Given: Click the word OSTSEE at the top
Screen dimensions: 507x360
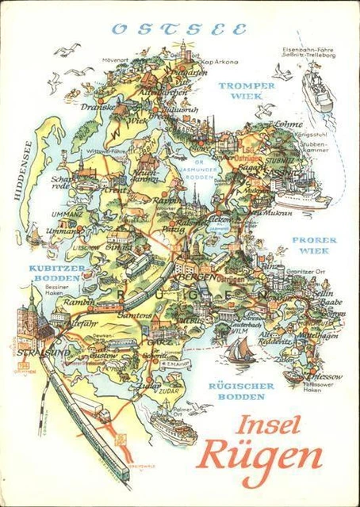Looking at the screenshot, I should [x=178, y=29].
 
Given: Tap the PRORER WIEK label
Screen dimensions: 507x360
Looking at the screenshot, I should [x=315, y=245].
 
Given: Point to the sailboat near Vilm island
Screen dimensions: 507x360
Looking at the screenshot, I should [x=237, y=349].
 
